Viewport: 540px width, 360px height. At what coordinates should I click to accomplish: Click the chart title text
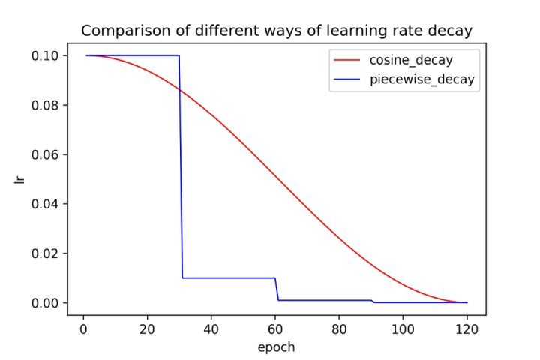(x=276, y=31)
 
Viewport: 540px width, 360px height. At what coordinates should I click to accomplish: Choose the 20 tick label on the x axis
(x=147, y=328)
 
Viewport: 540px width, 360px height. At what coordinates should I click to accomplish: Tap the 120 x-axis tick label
(x=467, y=328)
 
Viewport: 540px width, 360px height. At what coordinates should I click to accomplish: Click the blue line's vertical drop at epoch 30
(x=181, y=165)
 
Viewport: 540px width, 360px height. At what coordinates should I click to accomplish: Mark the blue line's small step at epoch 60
(x=276, y=289)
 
